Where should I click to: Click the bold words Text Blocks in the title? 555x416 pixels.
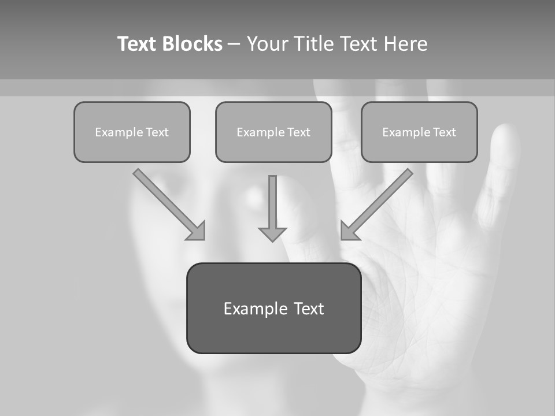click(x=169, y=44)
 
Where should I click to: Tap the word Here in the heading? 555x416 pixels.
click(x=406, y=44)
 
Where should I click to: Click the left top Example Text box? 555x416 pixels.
click(x=132, y=132)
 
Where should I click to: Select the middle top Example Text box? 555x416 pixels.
click(x=273, y=132)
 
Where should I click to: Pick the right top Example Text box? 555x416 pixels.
click(x=419, y=132)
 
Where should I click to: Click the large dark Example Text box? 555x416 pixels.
click(x=273, y=308)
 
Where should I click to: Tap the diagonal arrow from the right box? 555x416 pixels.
click(x=382, y=200)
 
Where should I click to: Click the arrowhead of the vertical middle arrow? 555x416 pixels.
click(x=272, y=234)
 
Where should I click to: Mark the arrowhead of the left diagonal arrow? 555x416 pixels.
click(x=197, y=231)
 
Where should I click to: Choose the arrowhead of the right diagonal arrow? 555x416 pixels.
click(x=349, y=231)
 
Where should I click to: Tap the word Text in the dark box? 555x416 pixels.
click(x=309, y=309)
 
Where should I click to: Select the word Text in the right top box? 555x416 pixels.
click(x=445, y=132)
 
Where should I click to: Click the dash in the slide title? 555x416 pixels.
click(x=234, y=44)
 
